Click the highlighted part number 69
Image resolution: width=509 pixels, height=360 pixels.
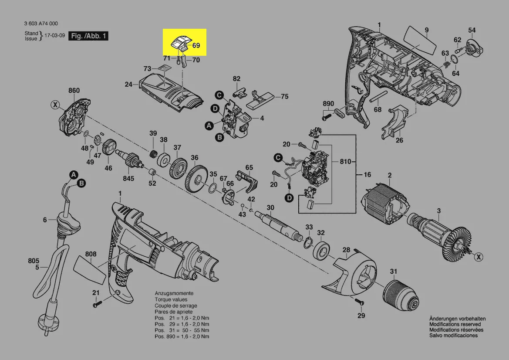click(x=196, y=45)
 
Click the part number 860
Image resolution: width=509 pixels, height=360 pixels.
click(x=74, y=91)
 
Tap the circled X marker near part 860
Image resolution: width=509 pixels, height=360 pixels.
click(x=54, y=105)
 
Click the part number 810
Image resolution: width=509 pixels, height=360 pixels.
click(x=345, y=162)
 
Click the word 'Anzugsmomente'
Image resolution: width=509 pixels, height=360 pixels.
click(x=174, y=294)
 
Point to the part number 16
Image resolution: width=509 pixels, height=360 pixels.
click(x=367, y=175)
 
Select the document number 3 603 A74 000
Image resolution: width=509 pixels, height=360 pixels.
click(x=41, y=24)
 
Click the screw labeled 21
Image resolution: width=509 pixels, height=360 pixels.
click(x=97, y=305)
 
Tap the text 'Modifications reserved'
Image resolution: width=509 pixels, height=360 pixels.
click(x=455, y=324)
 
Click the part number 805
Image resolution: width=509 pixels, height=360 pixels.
click(x=34, y=261)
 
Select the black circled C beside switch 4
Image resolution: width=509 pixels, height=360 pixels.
click(x=220, y=95)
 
